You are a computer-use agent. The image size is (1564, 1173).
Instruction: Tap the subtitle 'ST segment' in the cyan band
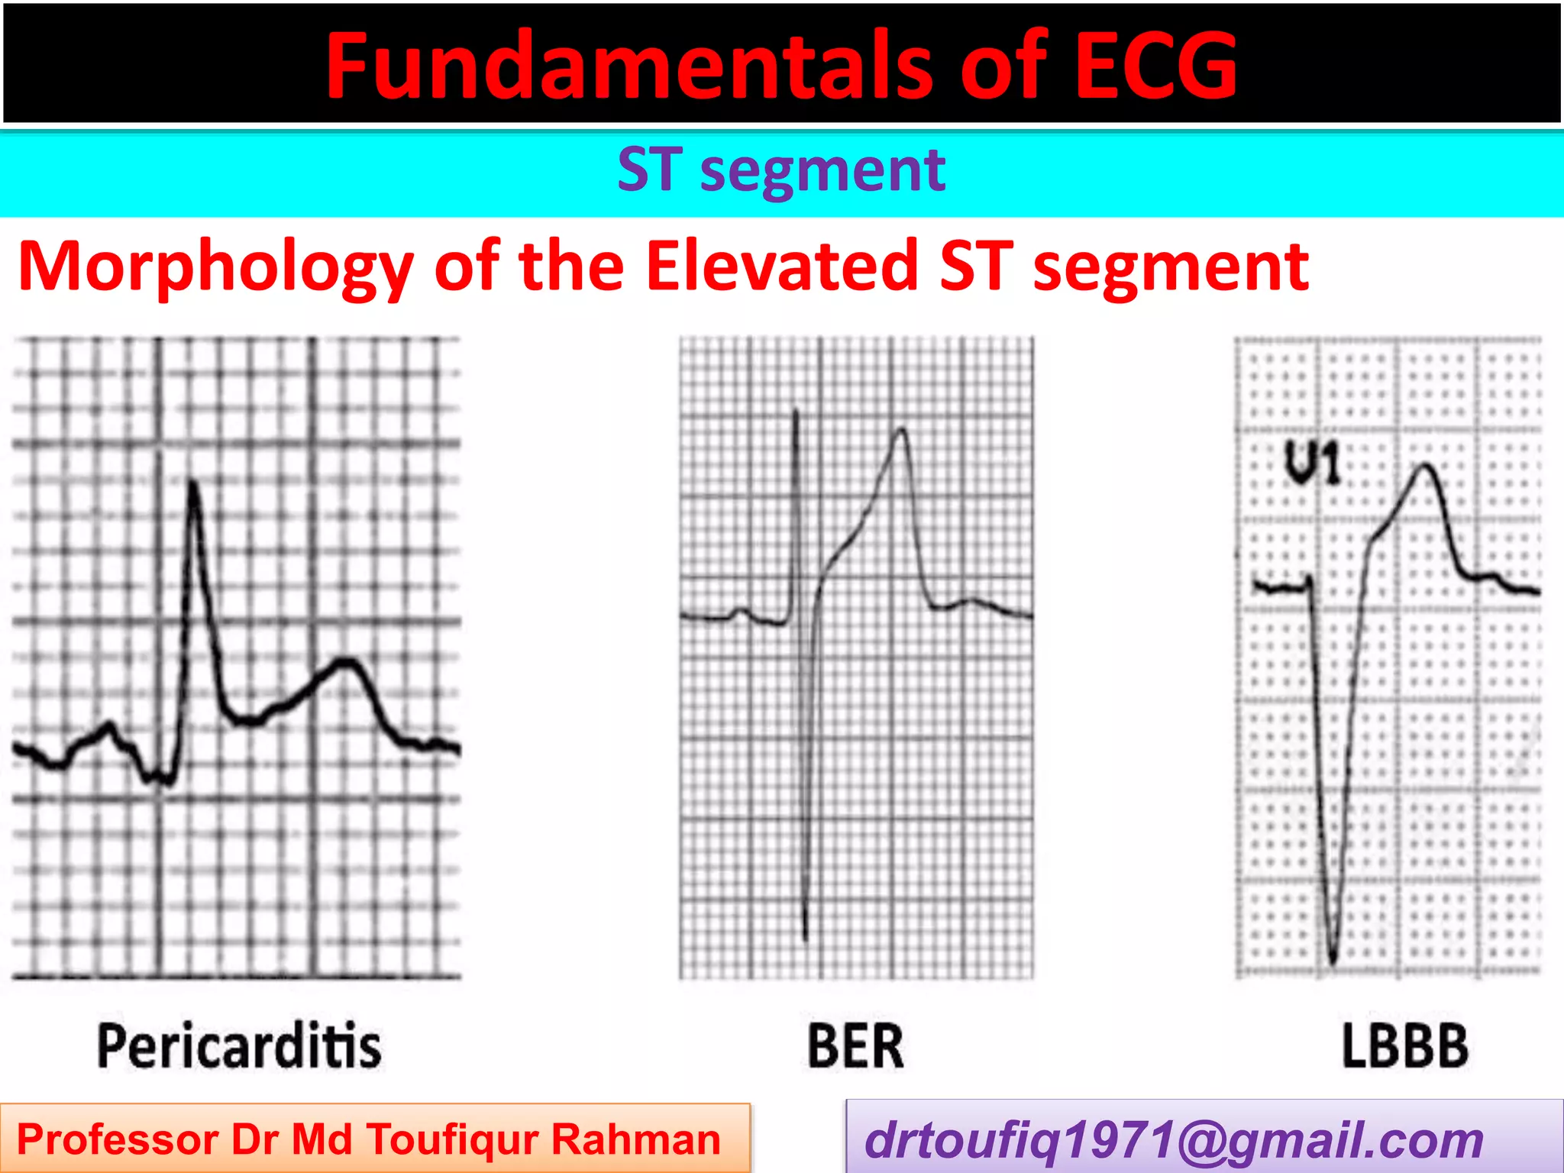pos(781,170)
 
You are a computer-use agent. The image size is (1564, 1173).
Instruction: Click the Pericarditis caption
pos(239,1045)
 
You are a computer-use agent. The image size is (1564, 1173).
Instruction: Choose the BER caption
pos(855,1046)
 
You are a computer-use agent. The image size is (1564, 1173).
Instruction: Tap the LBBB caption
pos(1405,1046)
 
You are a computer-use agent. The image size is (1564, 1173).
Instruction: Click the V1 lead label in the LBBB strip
pos(1312,463)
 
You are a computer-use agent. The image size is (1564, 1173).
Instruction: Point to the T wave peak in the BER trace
pos(902,431)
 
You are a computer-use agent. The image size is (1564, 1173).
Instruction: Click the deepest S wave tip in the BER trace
pos(806,938)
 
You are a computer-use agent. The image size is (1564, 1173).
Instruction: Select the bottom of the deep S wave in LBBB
pos(1333,961)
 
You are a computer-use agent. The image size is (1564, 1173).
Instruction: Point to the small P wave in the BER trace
pos(740,610)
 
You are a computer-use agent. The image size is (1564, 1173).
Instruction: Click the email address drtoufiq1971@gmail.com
pos(1174,1140)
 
